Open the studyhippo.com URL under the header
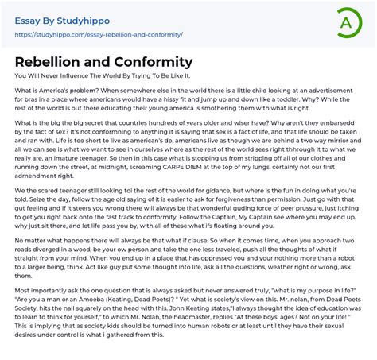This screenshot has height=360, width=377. point(99,35)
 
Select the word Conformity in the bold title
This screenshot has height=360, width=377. point(153,61)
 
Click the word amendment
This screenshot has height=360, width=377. point(35,186)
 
